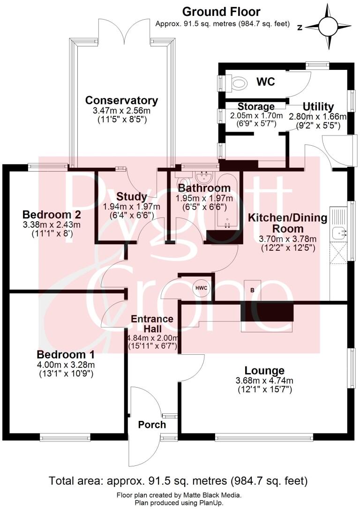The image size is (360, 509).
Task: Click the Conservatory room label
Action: coord(121,100)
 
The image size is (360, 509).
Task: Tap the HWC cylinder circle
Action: coord(201,287)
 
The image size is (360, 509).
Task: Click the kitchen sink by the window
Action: coord(339,231)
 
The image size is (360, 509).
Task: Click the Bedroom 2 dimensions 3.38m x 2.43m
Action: coord(52,225)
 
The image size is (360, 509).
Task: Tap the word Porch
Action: coord(152,425)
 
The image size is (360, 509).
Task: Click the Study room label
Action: coord(132,196)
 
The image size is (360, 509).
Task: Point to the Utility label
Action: coord(318,106)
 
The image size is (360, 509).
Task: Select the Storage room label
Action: coord(256,106)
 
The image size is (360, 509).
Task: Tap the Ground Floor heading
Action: coord(221,12)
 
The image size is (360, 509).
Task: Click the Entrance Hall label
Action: coord(152,324)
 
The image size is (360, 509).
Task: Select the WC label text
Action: coord(265,81)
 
